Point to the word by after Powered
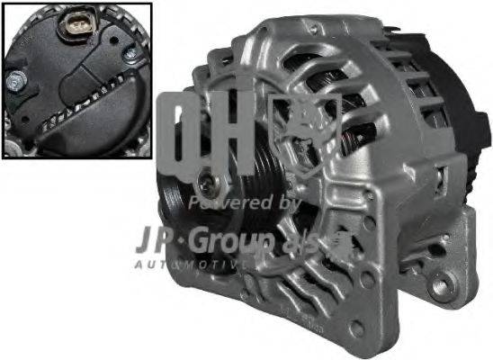pyautogui.click(x=287, y=204)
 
